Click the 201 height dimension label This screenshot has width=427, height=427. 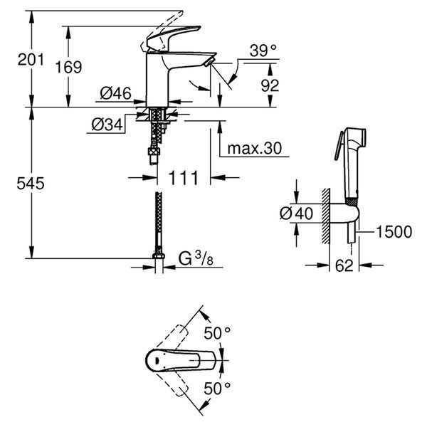click(x=31, y=59)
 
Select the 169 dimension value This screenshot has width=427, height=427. click(x=68, y=67)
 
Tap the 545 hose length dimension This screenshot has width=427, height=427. click(x=31, y=184)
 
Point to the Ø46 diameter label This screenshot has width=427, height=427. click(x=115, y=93)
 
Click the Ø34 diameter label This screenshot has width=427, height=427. click(x=107, y=125)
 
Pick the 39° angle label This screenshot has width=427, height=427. click(x=263, y=51)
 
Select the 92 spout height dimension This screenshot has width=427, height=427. click(x=270, y=85)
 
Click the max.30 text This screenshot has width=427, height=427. click(x=254, y=149)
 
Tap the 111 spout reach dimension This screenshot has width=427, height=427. click(x=184, y=178)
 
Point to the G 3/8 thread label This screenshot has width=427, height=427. click(x=196, y=259)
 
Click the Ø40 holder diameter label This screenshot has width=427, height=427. click(x=296, y=213)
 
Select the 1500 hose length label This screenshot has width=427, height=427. click(x=394, y=232)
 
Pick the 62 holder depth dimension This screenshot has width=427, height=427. click(x=344, y=265)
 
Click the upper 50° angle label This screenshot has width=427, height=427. click(x=217, y=333)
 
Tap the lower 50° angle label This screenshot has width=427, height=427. click(x=217, y=388)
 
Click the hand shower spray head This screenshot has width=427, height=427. click(x=354, y=135)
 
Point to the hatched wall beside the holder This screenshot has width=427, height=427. click(x=326, y=215)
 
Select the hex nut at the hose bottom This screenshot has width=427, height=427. click(x=159, y=256)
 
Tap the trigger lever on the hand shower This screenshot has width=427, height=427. click(x=339, y=146)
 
